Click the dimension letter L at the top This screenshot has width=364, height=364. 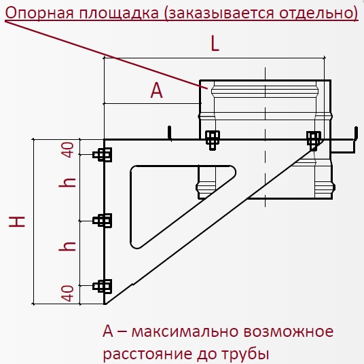click(x=215, y=44)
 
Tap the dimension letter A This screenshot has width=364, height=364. click(x=157, y=91)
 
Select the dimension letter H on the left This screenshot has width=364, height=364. click(x=17, y=221)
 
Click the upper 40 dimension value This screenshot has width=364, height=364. click(x=69, y=149)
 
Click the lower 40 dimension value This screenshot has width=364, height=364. click(x=67, y=293)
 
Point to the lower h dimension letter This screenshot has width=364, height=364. click(x=67, y=247)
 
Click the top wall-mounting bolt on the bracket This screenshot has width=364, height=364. click(x=103, y=155)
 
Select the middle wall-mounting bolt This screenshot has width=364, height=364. click(x=103, y=220)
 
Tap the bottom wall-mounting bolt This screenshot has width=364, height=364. click(x=103, y=286)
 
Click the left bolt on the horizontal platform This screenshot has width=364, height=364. click(x=213, y=140)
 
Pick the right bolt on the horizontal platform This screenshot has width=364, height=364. click(x=314, y=140)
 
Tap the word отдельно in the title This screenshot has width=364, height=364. click(x=316, y=14)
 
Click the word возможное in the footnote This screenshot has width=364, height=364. click(x=289, y=331)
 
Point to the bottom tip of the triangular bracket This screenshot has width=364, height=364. click(x=105, y=304)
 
